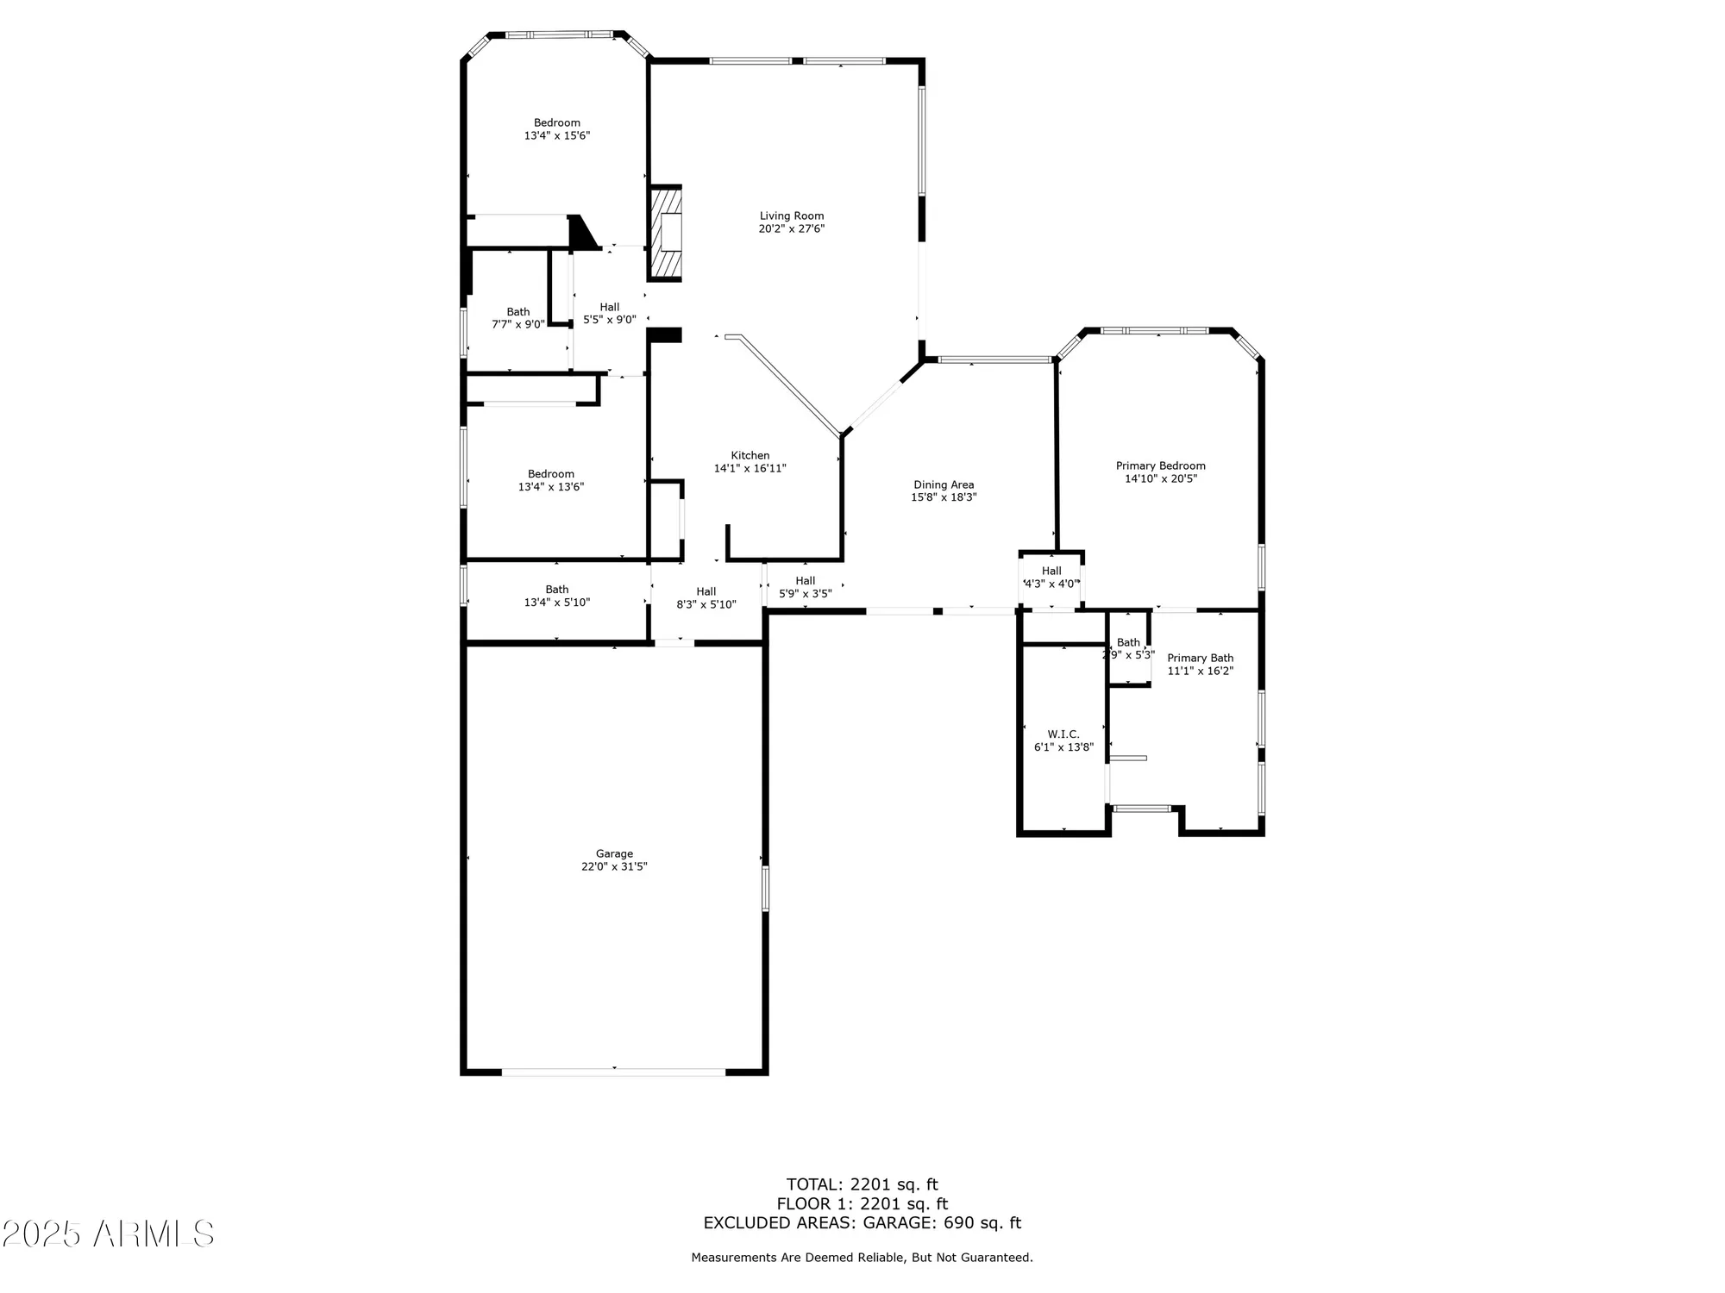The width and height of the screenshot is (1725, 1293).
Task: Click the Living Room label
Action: click(x=791, y=216)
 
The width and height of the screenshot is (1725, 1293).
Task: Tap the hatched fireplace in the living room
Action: click(x=665, y=233)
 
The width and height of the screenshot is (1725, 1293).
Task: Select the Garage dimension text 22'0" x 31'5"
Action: click(x=614, y=866)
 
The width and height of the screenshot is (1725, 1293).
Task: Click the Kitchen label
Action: click(x=750, y=455)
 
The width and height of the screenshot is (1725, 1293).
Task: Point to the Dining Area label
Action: click(x=944, y=484)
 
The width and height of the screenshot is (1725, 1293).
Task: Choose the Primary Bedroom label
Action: click(x=1160, y=465)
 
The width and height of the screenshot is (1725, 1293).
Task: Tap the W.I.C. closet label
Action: click(x=1063, y=734)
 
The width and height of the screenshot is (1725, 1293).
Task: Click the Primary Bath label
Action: click(x=1200, y=658)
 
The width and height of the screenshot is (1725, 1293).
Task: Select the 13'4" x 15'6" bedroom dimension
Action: click(x=556, y=135)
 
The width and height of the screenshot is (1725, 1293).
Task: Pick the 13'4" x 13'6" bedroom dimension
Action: click(x=551, y=486)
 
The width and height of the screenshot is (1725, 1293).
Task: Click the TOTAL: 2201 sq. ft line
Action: click(x=862, y=1184)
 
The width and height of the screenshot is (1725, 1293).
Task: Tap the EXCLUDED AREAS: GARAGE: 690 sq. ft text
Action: click(x=862, y=1222)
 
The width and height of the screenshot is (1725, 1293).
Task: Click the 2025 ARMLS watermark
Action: click(x=108, y=1234)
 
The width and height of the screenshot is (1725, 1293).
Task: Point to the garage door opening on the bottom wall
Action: click(x=614, y=1071)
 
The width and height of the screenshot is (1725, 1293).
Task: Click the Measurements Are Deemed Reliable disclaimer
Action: click(x=862, y=1258)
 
